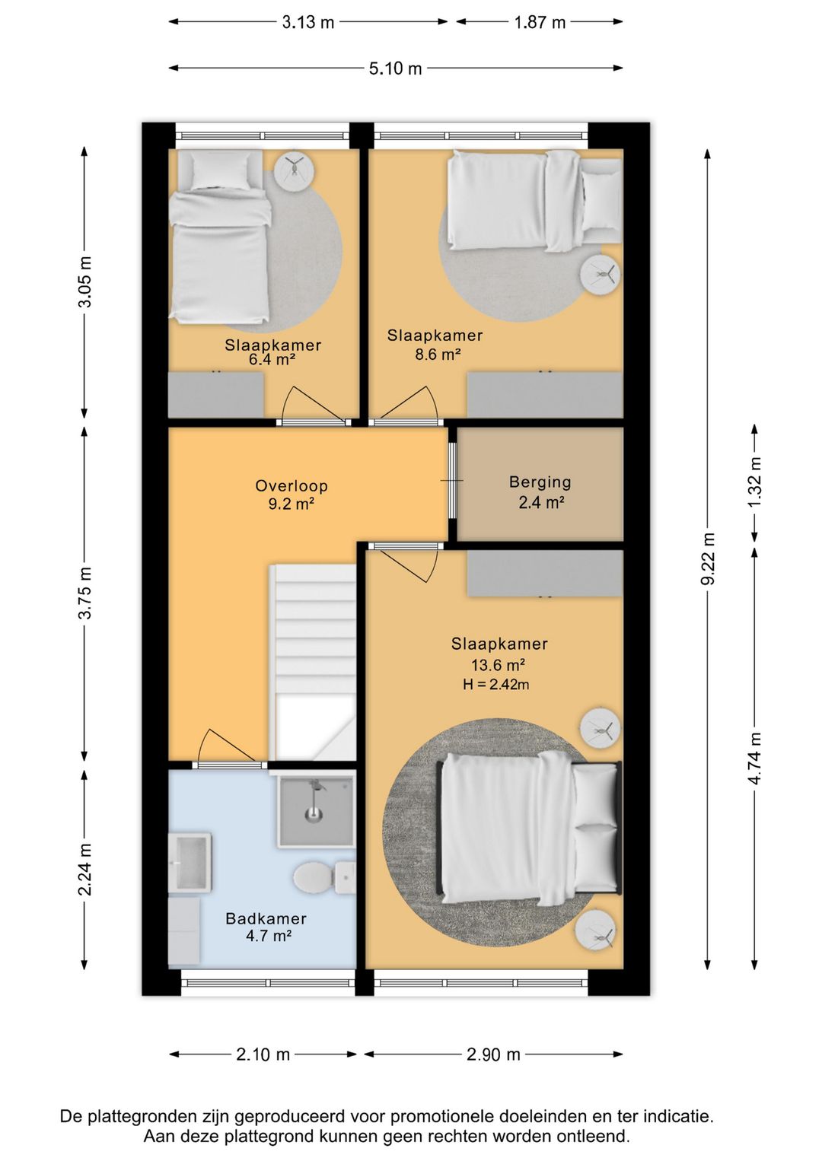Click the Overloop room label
click(x=292, y=485)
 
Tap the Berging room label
click(x=540, y=482)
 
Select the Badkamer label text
click(x=266, y=918)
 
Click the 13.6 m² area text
click(x=499, y=664)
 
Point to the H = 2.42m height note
click(x=496, y=684)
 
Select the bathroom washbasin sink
click(x=190, y=862)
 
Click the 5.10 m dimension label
click(x=395, y=68)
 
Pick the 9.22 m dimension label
click(x=708, y=558)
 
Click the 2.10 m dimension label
click(x=263, y=1054)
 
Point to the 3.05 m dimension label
click(x=84, y=282)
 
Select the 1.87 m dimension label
click(x=540, y=23)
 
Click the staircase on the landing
click(x=314, y=663)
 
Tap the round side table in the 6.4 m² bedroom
click(x=294, y=167)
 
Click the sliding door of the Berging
click(x=452, y=481)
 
